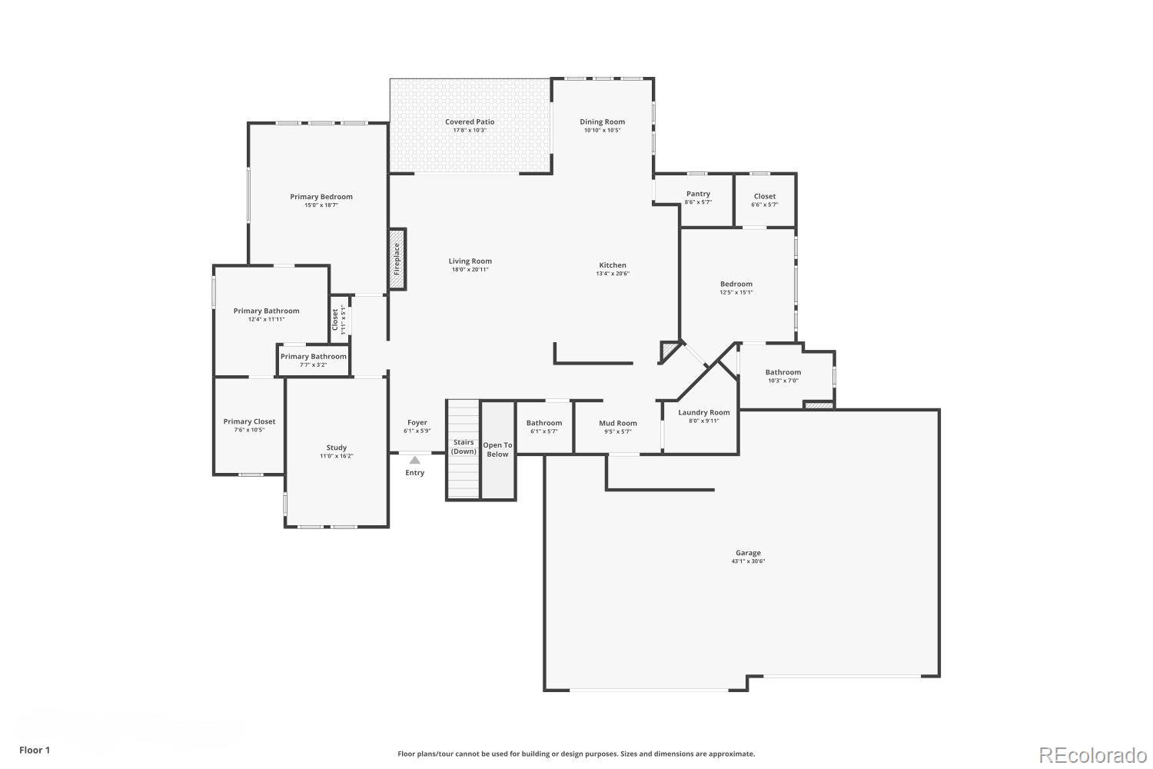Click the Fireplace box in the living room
(397, 259)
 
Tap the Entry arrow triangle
(415, 460)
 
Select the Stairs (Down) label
(464, 447)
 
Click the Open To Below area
(497, 450)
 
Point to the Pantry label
(698, 194)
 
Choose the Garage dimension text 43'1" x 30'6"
(748, 561)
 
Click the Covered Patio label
(470, 122)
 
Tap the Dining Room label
(602, 122)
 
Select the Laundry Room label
(703, 412)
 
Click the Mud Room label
(618, 423)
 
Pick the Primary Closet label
(249, 421)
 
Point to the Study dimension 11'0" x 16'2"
(337, 456)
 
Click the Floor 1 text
(35, 750)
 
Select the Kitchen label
(613, 265)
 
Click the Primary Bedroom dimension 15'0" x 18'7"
(321, 205)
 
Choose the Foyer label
(417, 422)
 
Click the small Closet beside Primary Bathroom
(339, 319)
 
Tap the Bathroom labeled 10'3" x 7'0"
(783, 372)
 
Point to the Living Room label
(470, 261)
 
